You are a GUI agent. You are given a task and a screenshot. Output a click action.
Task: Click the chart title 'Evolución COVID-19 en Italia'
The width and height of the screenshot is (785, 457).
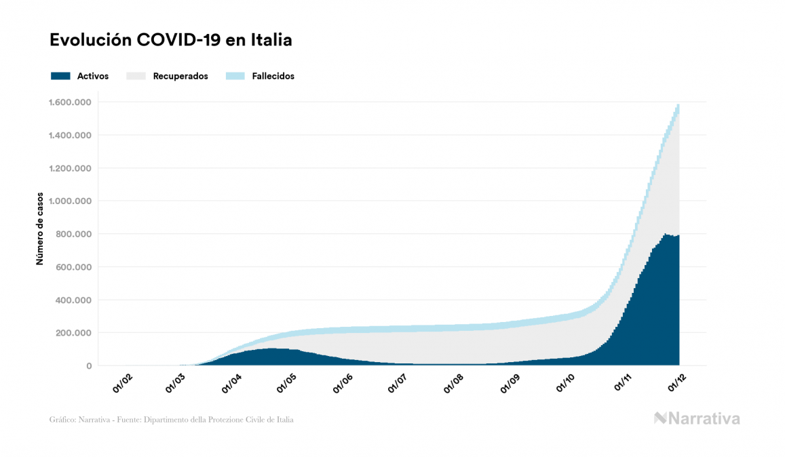(x=171, y=40)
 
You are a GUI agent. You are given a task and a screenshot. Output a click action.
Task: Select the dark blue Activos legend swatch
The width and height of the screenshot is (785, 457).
(x=60, y=76)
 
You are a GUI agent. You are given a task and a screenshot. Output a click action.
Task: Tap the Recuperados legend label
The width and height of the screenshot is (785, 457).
(x=180, y=76)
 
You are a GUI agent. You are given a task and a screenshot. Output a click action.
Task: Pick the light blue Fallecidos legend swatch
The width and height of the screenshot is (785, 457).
(x=235, y=76)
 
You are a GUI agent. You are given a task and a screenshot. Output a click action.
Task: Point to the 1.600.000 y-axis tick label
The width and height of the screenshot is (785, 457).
(x=71, y=102)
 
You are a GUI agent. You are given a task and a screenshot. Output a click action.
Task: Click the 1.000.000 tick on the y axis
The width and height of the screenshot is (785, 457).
(x=71, y=201)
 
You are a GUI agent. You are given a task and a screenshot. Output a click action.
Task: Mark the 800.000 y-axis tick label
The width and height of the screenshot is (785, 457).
(x=74, y=235)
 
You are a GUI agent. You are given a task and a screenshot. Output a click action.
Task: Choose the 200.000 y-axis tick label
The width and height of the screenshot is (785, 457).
(x=74, y=333)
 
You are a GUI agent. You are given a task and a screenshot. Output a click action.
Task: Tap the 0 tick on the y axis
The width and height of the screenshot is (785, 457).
(x=89, y=366)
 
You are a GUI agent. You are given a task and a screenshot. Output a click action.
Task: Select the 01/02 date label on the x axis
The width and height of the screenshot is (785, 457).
(x=122, y=384)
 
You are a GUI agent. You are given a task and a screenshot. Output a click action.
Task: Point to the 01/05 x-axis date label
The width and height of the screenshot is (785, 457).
(x=287, y=384)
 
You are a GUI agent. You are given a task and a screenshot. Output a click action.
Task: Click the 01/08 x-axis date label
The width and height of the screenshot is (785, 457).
(x=453, y=384)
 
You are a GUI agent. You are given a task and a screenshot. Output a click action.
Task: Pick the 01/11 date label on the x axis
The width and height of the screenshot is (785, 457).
(x=624, y=384)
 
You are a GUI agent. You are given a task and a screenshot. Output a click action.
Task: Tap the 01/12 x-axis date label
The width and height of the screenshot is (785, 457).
(x=678, y=384)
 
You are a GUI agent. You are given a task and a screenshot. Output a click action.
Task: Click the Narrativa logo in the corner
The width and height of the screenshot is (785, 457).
(x=697, y=418)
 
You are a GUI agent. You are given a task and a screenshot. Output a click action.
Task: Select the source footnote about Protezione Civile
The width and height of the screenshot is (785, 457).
(x=172, y=420)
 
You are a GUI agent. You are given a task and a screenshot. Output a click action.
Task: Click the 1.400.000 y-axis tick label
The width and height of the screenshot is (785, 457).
(x=71, y=136)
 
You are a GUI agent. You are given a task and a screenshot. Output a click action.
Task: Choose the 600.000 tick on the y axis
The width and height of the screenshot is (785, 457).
(x=74, y=267)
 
